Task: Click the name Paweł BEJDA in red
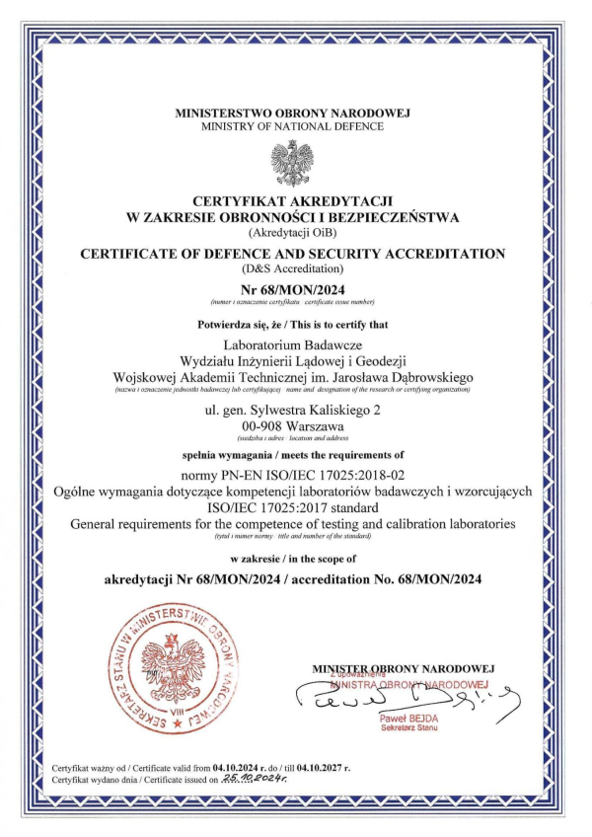click(407, 718)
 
